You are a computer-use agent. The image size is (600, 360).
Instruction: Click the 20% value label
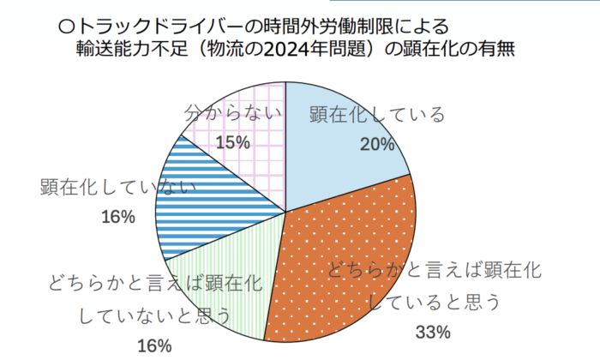(x=377, y=144)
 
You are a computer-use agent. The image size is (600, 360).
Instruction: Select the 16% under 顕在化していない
(x=118, y=217)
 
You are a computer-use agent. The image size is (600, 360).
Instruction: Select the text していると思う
(x=433, y=303)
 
